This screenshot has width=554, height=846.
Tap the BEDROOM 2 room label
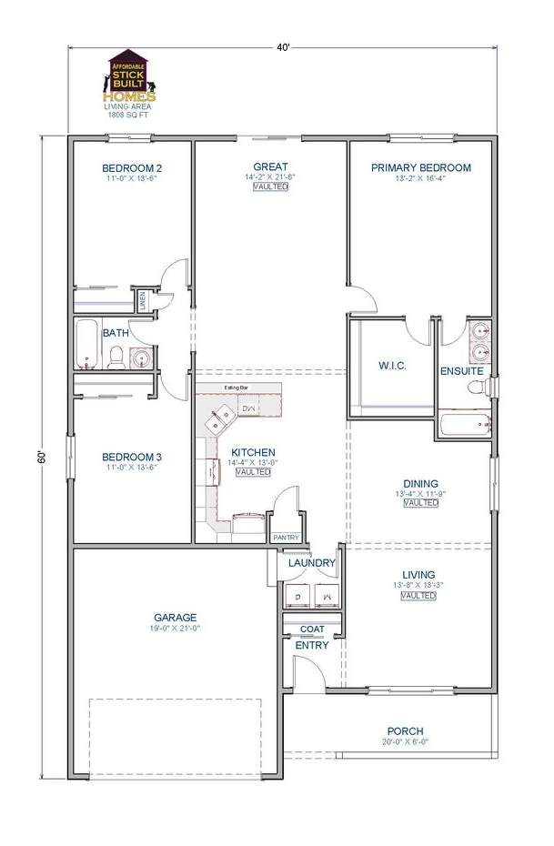coord(132,168)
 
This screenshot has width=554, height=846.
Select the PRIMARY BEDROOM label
coord(420,167)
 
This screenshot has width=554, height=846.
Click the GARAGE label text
coord(175,618)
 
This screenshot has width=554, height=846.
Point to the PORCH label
coord(405,730)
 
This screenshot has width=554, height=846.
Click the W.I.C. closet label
coord(391,366)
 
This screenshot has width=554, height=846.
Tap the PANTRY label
coord(286,538)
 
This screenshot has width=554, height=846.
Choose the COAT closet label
coord(312,629)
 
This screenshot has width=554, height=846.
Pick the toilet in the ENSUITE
coord(477,388)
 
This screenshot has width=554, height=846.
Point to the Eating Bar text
coord(237,388)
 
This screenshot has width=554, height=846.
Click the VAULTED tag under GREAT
coord(270,186)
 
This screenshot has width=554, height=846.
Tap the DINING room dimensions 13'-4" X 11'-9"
coord(420,494)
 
